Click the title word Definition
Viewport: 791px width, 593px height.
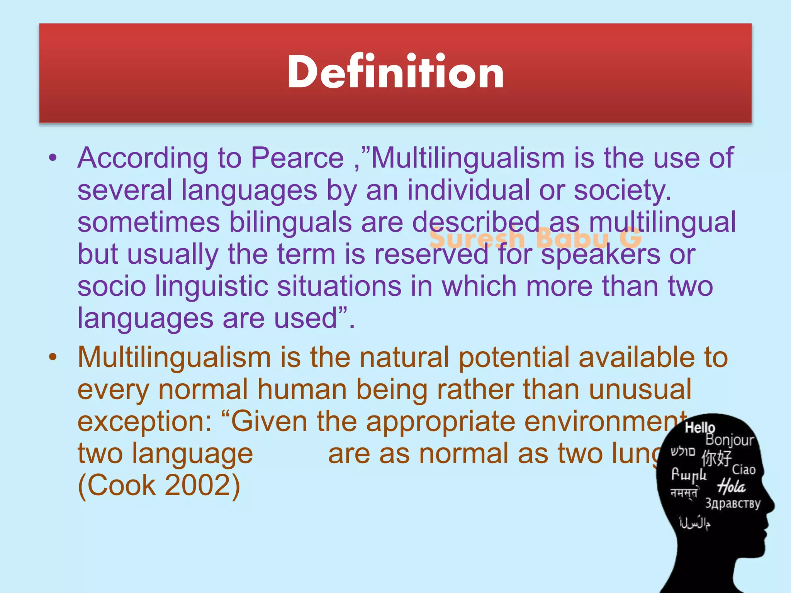(395, 72)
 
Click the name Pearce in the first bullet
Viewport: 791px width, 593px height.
(297, 158)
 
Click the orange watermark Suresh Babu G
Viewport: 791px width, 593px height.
(535, 238)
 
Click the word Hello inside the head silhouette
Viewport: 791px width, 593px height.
(699, 428)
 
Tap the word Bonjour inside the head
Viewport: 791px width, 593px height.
(729, 440)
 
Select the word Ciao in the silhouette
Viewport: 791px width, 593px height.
(743, 470)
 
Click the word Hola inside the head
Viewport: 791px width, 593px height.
(731, 487)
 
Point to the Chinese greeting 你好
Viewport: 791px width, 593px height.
(716, 458)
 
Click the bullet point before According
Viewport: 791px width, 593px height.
(53, 158)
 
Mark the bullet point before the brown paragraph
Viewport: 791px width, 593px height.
(53, 357)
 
